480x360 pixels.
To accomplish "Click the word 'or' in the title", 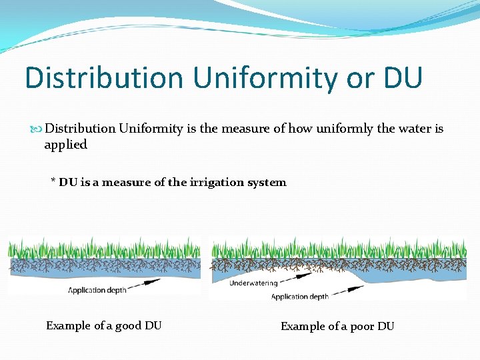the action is pyautogui.click(x=351, y=77).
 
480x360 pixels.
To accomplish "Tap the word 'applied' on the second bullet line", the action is pyautogui.click(x=65, y=144).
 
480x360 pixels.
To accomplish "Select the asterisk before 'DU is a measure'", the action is pyautogui.click(x=53, y=181).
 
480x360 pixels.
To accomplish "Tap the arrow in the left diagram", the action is pyautogui.click(x=156, y=282).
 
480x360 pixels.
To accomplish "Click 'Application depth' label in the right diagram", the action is pyautogui.click(x=300, y=297).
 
